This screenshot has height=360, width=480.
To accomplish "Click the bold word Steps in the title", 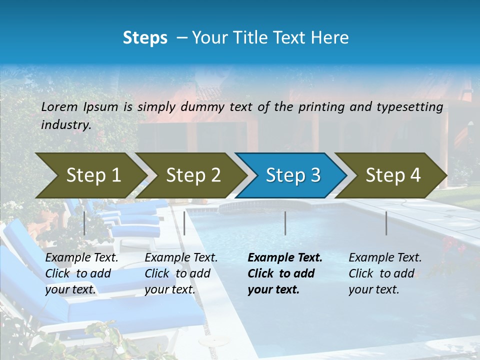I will (145, 38).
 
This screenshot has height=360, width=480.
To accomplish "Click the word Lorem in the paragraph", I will (59, 106).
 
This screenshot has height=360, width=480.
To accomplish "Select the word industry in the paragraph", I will (65, 124).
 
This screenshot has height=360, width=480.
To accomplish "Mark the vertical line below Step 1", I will (84, 223).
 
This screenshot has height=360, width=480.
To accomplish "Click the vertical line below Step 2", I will (184, 223).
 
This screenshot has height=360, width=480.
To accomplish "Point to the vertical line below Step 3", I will (285, 223).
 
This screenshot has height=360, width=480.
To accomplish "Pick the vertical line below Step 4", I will (386, 223).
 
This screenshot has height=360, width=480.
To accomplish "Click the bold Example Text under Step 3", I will (285, 258).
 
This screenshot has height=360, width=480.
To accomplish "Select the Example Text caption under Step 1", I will (82, 258).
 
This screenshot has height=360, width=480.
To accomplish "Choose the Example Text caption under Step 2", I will (181, 258).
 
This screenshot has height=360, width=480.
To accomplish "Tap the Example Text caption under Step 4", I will (385, 258).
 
